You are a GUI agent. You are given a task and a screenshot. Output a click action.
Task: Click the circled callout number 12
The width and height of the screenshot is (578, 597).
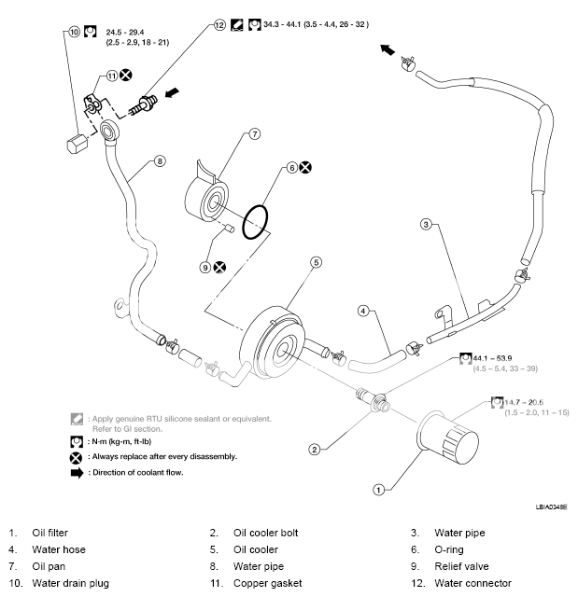click(219, 25)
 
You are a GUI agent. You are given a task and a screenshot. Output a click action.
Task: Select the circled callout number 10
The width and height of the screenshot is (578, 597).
click(74, 32)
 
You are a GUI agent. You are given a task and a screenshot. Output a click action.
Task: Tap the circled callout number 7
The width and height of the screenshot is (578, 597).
click(255, 134)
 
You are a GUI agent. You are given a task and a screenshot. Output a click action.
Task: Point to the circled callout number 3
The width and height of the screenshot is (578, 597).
click(426, 224)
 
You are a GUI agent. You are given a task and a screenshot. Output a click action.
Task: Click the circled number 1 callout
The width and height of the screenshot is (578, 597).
click(378, 490)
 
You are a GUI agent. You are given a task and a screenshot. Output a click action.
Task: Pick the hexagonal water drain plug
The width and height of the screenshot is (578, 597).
click(77, 143)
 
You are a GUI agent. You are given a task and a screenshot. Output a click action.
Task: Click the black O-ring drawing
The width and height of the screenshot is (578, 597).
click(255, 222)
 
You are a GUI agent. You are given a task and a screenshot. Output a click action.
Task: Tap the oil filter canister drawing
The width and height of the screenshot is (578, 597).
click(447, 437)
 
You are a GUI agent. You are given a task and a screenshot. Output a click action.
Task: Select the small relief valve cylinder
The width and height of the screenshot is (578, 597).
click(230, 229)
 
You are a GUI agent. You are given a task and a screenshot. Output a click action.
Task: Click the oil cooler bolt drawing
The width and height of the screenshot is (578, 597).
click(373, 400)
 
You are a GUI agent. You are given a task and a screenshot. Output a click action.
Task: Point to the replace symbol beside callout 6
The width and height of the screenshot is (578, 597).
click(305, 167)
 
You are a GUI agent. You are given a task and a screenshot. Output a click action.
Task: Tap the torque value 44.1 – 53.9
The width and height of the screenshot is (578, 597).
click(492, 358)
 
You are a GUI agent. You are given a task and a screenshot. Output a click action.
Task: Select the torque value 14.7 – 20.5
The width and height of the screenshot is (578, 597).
click(524, 402)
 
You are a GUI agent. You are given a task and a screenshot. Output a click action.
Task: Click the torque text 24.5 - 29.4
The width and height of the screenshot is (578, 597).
click(124, 33)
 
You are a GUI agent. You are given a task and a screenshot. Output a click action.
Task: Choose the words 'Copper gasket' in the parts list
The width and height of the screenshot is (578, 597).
click(267, 583)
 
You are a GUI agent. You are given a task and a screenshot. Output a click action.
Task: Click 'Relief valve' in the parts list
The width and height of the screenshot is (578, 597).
click(461, 566)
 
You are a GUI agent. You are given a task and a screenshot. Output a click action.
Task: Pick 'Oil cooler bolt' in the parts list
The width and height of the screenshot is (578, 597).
click(265, 533)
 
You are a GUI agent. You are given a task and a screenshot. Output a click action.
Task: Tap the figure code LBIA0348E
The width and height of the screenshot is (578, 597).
click(551, 507)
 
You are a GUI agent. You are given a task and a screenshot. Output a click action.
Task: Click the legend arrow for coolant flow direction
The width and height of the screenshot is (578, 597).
click(77, 473)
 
